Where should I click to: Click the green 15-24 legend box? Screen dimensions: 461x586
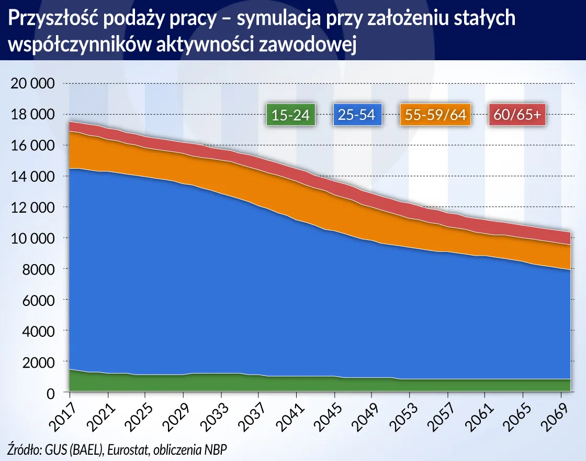(x=290, y=115)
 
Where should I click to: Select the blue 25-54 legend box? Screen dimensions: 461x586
(x=357, y=115)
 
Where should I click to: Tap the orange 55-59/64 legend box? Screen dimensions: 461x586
(x=435, y=115)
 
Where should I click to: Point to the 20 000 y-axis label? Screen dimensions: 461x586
(x=33, y=84)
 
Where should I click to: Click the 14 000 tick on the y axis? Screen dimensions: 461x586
(x=33, y=177)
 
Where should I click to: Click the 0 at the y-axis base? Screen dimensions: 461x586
(x=51, y=393)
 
